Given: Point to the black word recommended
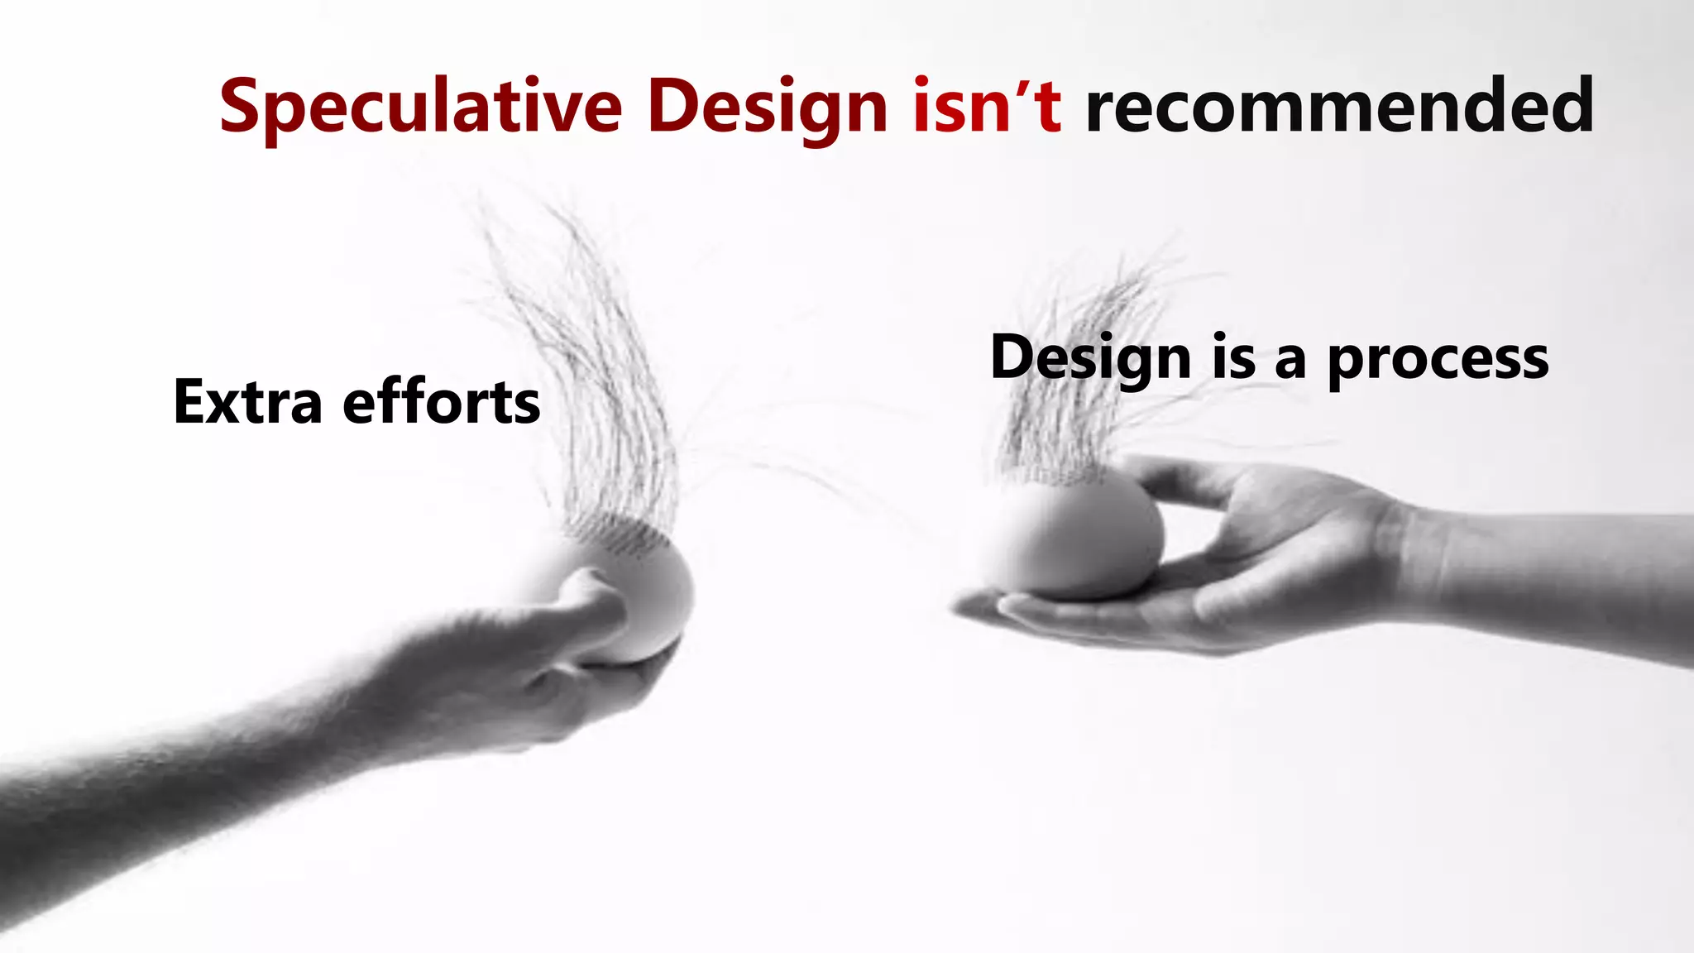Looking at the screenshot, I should coord(1338,106).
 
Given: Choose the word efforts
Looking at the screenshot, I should coord(442,402).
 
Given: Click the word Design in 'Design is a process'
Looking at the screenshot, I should coord(1090,359).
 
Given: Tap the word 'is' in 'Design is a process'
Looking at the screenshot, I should coord(1234,359).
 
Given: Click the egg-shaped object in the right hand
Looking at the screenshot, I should coord(1075,538).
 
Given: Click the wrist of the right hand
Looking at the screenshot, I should coord(1423,563).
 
